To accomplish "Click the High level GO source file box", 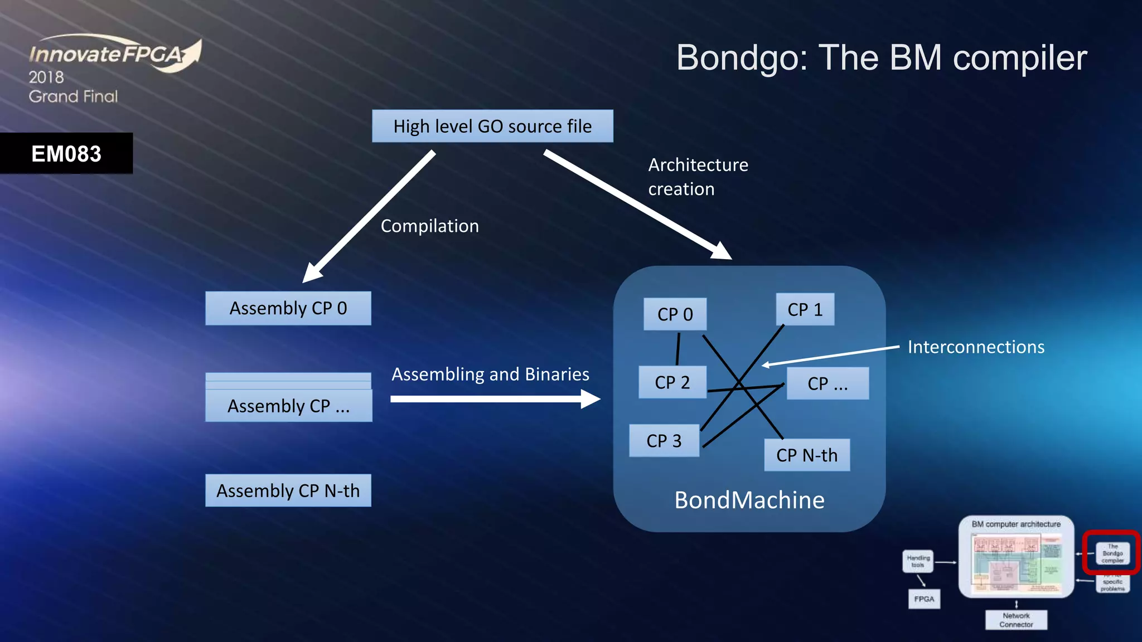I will pyautogui.click(x=492, y=127).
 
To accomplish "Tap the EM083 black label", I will pyautogui.click(x=66, y=154).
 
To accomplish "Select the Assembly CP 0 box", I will pyautogui.click(x=288, y=308).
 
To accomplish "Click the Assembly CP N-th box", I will pyautogui.click(x=288, y=490).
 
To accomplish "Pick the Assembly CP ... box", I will pyautogui.click(x=288, y=405).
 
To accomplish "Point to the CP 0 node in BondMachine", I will pyautogui.click(x=675, y=314).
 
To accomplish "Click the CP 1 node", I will pyautogui.click(x=805, y=310).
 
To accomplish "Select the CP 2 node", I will pyautogui.click(x=672, y=382).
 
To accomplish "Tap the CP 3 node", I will pyautogui.click(x=664, y=441).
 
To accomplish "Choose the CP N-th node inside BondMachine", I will pyautogui.click(x=806, y=455).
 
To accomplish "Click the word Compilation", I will pyautogui.click(x=429, y=226).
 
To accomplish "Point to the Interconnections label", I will pyautogui.click(x=976, y=347).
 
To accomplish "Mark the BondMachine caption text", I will pyautogui.click(x=749, y=500).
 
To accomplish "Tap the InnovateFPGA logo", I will pyautogui.click(x=114, y=55).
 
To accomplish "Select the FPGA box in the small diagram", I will pyautogui.click(x=924, y=599).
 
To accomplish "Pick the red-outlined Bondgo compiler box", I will pyautogui.click(x=1112, y=553).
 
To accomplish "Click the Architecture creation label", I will pyautogui.click(x=698, y=177).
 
